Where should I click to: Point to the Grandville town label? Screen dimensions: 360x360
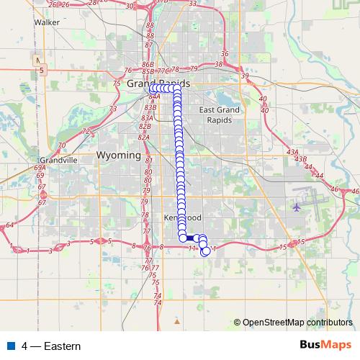pos(58,160)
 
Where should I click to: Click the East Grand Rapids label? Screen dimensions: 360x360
pos(215,114)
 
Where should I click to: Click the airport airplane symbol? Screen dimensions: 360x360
pos(297,207)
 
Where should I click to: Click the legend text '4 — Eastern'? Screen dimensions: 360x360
pos(51,346)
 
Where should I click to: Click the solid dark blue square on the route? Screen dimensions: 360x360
pos(189,238)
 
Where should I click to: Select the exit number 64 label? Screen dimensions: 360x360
pos(9,225)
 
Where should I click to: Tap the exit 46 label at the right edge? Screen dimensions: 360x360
pos(353,191)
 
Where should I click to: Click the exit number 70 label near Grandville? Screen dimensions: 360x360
pos(63,145)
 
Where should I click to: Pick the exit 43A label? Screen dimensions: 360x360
pos(292,152)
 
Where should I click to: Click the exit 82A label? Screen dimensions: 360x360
pos(143,137)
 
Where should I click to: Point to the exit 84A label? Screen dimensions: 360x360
pos(153,95)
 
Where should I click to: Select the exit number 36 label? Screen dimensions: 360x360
pos(225,53)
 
